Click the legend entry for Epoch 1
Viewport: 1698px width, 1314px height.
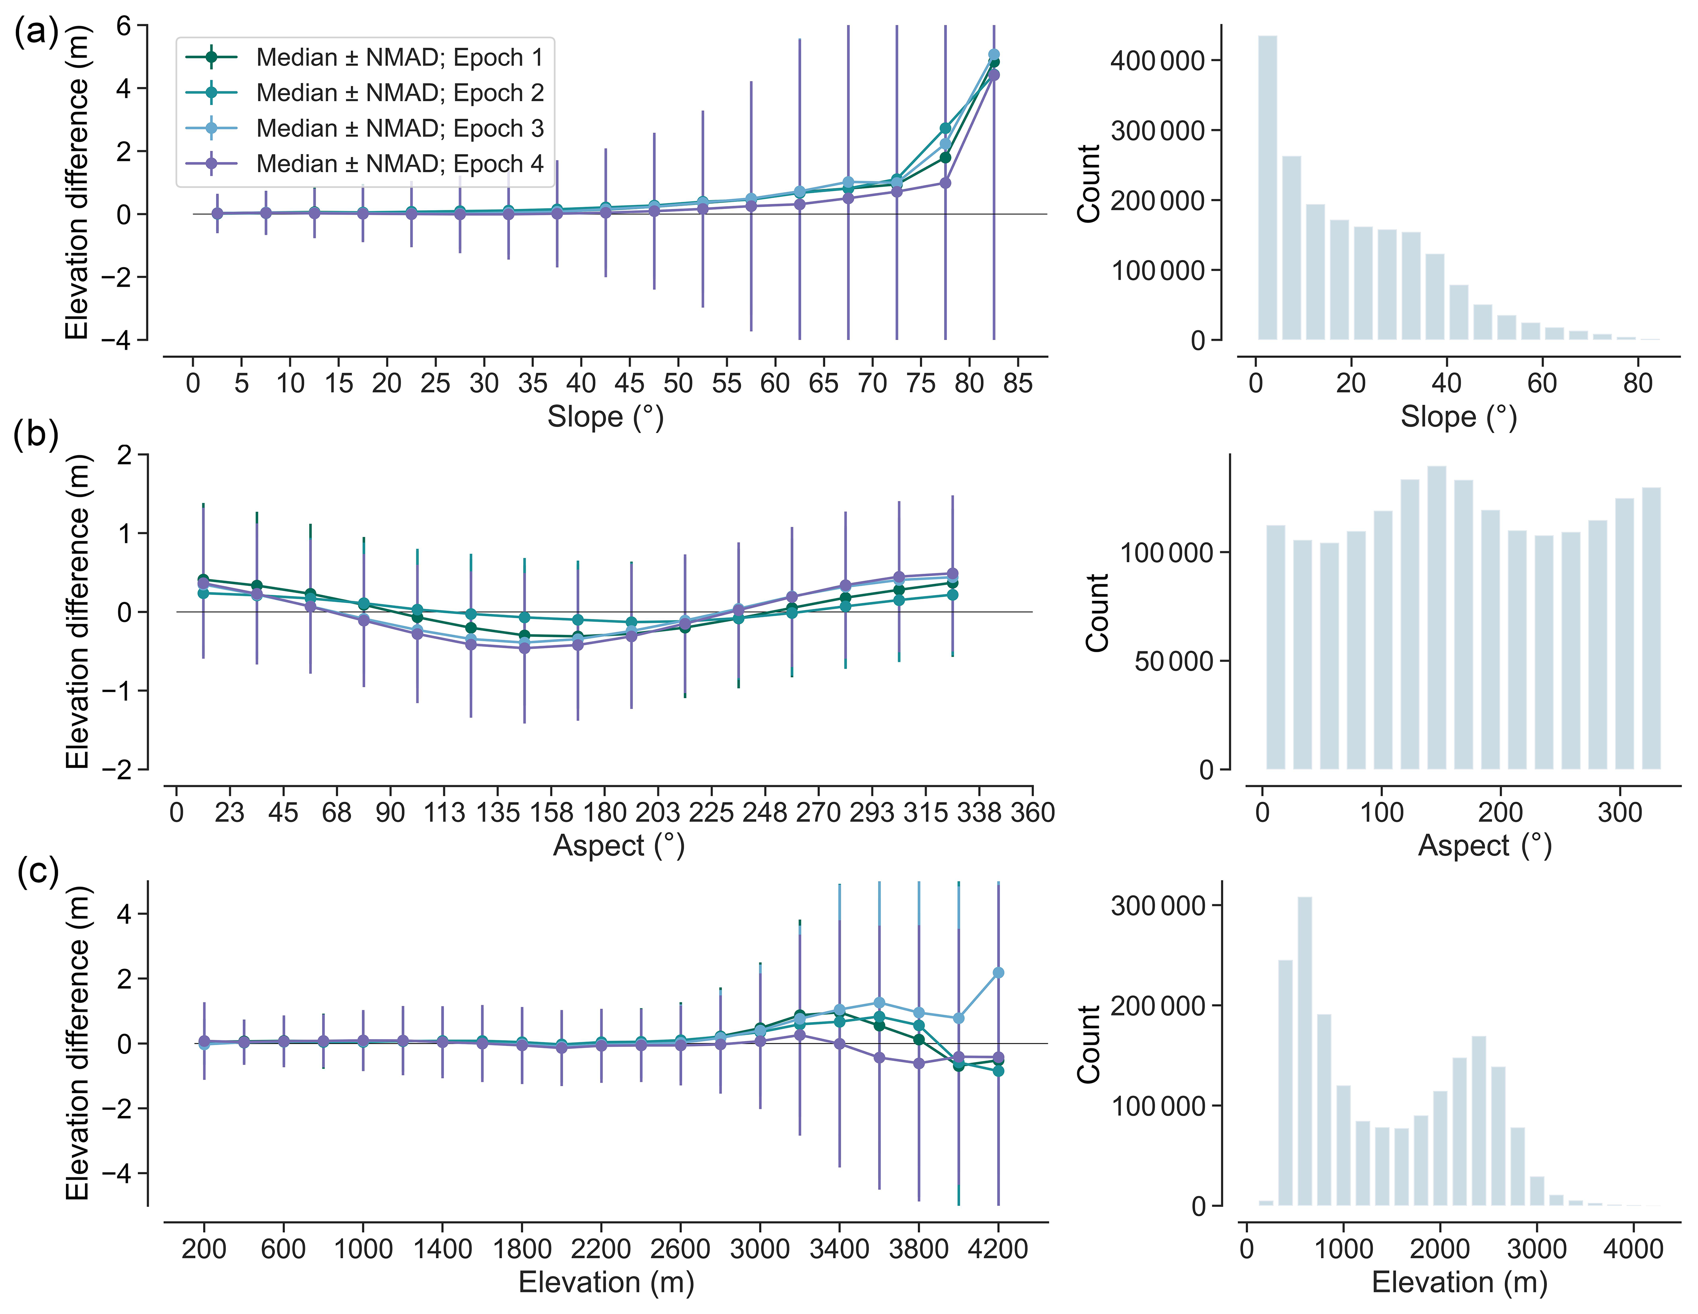pyautogui.click(x=399, y=57)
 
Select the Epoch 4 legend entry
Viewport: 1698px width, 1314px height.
pyautogui.click(x=399, y=164)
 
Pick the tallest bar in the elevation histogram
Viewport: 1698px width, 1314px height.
pyautogui.click(x=1304, y=1050)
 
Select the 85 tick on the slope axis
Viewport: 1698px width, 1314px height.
pyautogui.click(x=1018, y=384)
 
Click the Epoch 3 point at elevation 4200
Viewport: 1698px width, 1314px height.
pyautogui.click(x=998, y=972)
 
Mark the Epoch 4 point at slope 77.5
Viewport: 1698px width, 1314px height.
pyautogui.click(x=946, y=183)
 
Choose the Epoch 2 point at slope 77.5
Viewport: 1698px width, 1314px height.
pyautogui.click(x=946, y=128)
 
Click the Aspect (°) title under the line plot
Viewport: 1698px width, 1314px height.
pyautogui.click(x=618, y=846)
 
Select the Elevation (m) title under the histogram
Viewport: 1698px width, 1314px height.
pyautogui.click(x=1459, y=1282)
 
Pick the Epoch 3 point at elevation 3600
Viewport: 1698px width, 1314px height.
pyautogui.click(x=879, y=1003)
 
